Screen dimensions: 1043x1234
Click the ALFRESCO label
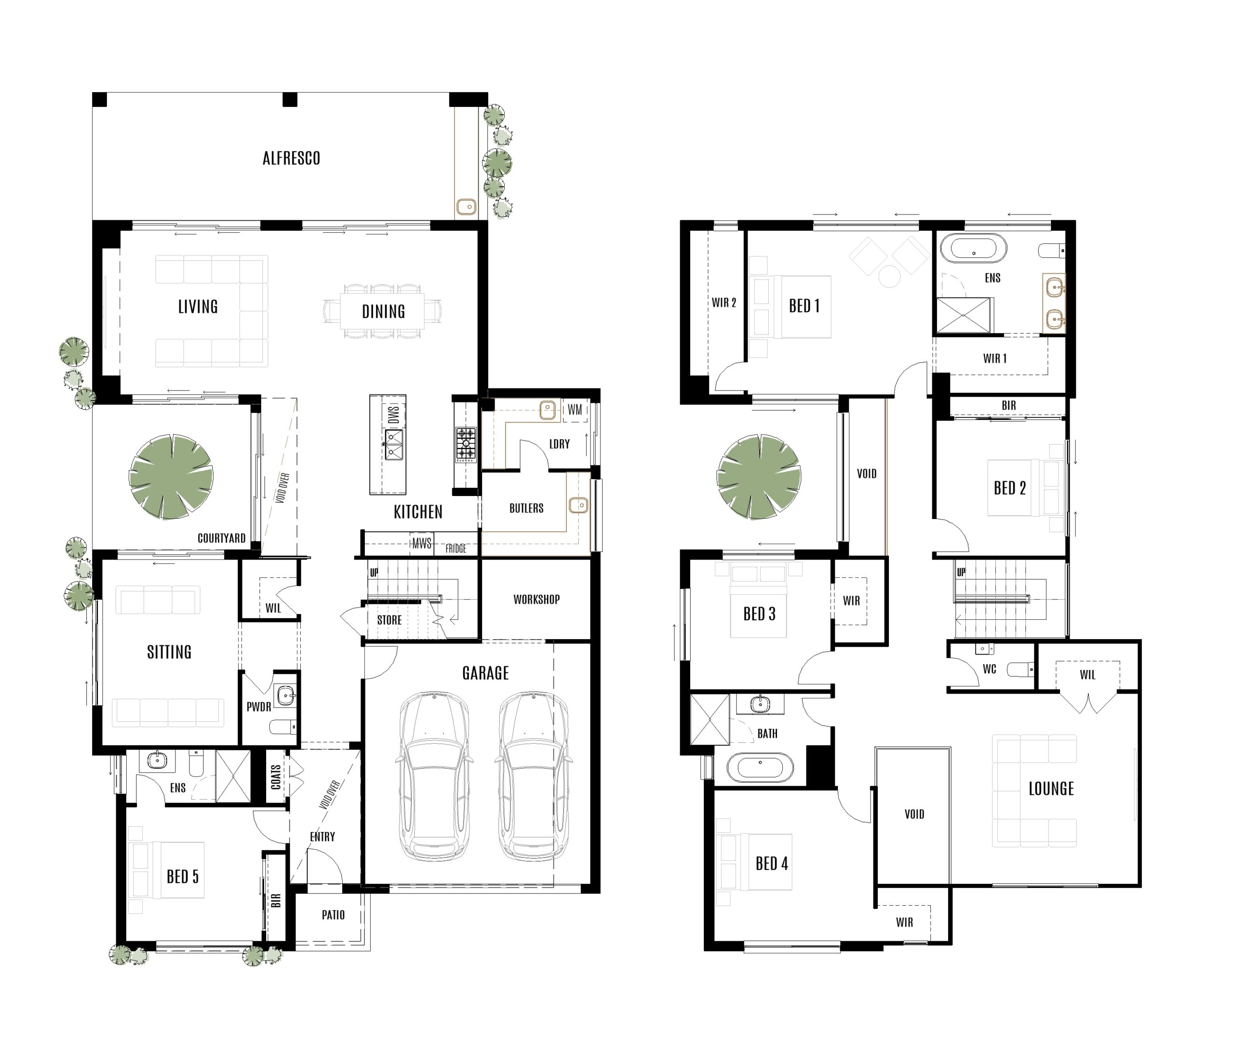click(x=291, y=159)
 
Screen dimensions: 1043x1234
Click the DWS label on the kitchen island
click(x=394, y=414)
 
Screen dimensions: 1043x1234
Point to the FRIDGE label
click(x=456, y=548)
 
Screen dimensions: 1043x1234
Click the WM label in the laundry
click(x=574, y=410)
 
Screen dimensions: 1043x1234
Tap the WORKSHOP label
click(x=537, y=600)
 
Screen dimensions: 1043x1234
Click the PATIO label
click(x=333, y=915)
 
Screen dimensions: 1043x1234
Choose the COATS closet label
click(x=276, y=777)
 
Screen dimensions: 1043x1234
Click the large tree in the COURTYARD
click(x=171, y=477)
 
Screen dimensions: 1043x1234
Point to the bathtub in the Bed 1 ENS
click(x=973, y=248)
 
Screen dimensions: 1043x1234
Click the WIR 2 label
click(x=724, y=303)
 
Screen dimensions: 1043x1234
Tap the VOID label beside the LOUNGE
click(x=913, y=814)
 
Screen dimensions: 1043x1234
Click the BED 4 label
click(x=772, y=863)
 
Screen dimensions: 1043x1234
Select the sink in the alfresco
click(x=466, y=206)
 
